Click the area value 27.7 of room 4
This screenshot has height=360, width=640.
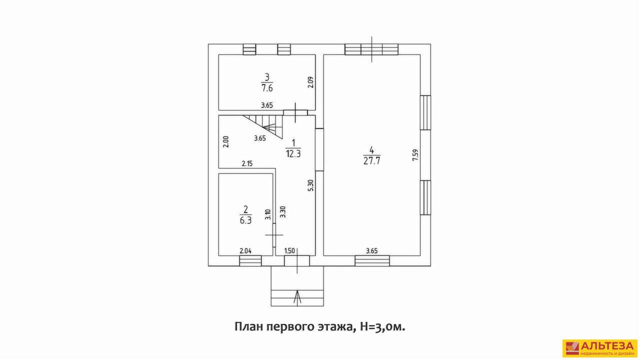(x=371, y=161)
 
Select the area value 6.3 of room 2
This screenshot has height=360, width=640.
(x=245, y=220)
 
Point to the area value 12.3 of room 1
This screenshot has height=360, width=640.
(x=293, y=154)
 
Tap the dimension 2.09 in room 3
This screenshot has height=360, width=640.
(x=311, y=82)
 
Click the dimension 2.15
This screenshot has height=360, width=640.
(x=247, y=164)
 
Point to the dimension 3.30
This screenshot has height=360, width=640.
(x=282, y=212)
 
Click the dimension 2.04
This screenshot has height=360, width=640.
(x=245, y=251)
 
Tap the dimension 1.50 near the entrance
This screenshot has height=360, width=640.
(x=289, y=251)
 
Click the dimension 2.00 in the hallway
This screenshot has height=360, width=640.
(x=226, y=141)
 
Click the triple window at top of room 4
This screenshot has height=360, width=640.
(x=371, y=49)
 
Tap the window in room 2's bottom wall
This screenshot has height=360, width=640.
(x=250, y=261)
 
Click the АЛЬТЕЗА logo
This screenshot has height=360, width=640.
(x=600, y=348)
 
